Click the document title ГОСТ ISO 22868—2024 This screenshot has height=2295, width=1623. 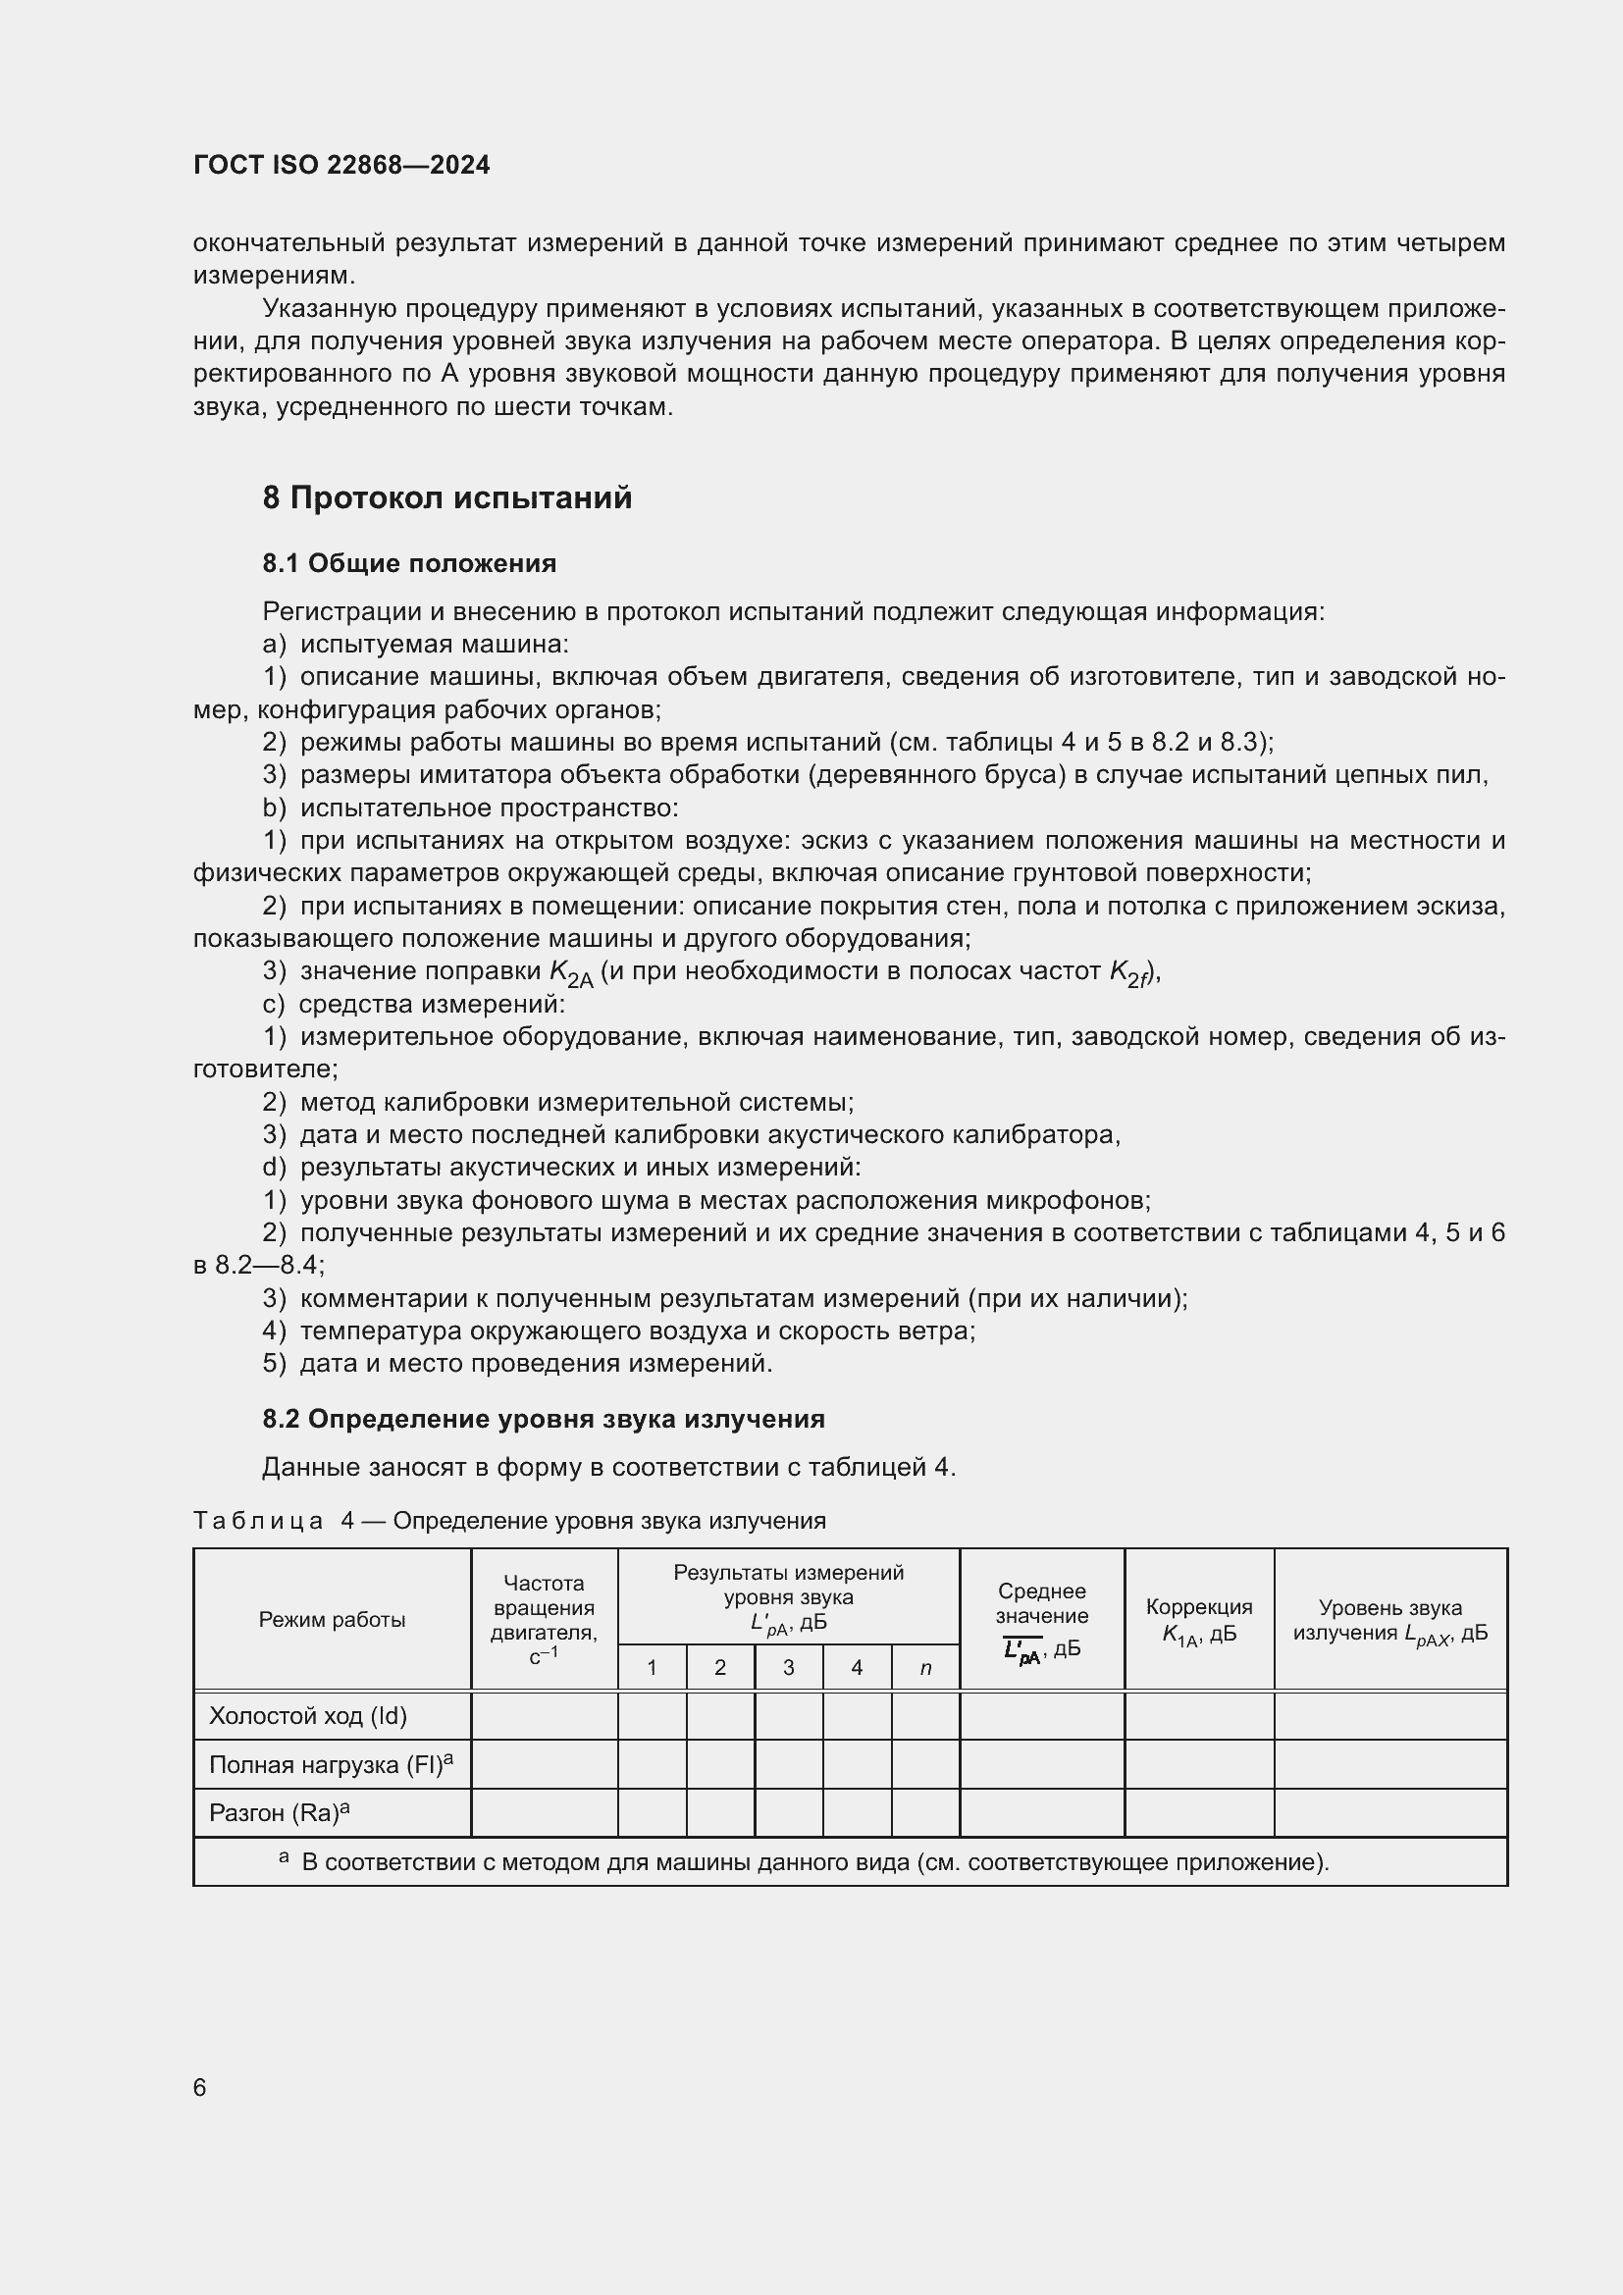[x=341, y=165]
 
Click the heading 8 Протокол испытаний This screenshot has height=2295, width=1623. [x=446, y=497]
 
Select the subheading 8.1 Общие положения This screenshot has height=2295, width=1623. [x=409, y=564]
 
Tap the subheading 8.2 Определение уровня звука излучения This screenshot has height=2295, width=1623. [x=543, y=1420]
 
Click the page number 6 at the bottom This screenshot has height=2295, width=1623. [x=200, y=2087]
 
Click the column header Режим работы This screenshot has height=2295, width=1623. [x=332, y=1619]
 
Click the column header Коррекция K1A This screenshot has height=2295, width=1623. [x=1198, y=1620]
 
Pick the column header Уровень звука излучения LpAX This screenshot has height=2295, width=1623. [x=1390, y=1620]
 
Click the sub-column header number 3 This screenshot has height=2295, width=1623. [x=789, y=1667]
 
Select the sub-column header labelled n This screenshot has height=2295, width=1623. [x=925, y=1667]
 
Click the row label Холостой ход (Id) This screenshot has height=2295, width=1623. [x=308, y=1716]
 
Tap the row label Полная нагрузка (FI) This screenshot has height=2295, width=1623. [x=330, y=1764]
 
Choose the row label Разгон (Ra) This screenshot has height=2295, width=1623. [x=279, y=1812]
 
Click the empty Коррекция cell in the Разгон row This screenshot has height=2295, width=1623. [x=1198, y=1812]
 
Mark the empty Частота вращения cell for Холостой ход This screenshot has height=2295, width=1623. [x=544, y=1716]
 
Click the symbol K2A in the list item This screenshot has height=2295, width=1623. [x=571, y=972]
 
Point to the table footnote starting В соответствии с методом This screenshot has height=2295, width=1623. [x=814, y=1862]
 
